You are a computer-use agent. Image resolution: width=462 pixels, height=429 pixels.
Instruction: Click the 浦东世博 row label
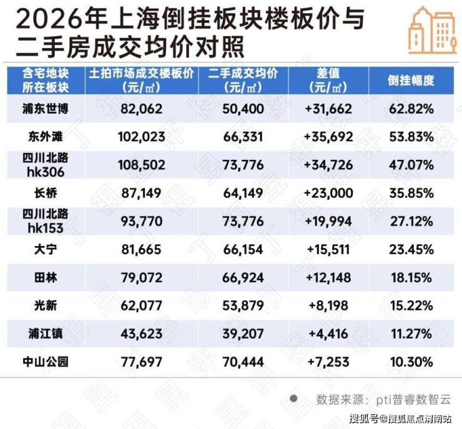pos(46,109)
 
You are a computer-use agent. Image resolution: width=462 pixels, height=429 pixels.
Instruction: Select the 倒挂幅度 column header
pos(411,81)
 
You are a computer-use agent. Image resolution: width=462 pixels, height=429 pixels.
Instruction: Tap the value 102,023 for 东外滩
pos(142,137)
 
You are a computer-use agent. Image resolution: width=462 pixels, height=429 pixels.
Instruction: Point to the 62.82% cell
pos(411,109)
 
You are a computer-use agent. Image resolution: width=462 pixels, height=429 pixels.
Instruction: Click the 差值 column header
pos(328,80)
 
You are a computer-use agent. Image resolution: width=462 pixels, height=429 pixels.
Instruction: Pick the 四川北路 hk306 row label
pos(46,165)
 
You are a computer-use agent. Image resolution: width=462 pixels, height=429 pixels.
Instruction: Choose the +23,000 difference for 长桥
pos(328,194)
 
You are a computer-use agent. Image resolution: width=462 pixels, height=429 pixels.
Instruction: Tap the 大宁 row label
pos(46,250)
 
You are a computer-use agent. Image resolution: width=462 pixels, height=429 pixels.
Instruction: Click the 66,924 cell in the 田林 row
pos(243,278)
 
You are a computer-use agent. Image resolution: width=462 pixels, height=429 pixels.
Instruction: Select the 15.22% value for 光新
pos(411,306)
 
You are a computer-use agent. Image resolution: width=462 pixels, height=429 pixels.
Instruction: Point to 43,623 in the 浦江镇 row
pos(142,334)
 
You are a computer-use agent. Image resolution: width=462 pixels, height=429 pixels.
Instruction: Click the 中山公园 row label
pos(46,362)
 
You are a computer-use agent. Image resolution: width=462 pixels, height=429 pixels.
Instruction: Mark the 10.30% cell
pos(411,362)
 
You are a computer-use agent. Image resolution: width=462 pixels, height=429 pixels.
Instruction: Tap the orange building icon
pos(433,31)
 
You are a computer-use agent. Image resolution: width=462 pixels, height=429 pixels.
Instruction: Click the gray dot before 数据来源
pos(293,398)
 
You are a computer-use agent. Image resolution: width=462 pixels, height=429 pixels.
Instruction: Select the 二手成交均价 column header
pos(243,80)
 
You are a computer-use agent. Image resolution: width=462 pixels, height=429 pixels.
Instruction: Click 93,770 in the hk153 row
pos(142,221)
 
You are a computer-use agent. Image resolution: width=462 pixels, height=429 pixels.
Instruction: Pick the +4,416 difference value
pos(328,334)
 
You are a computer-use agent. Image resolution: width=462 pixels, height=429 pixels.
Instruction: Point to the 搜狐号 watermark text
pos(364,418)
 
